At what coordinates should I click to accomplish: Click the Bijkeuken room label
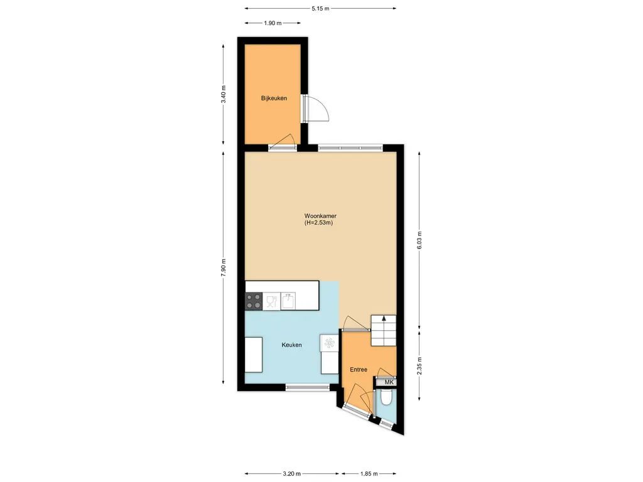coord(274,99)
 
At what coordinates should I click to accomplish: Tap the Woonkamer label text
coord(320,216)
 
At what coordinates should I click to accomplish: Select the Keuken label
coord(291,345)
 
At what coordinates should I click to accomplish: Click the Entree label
coord(359,370)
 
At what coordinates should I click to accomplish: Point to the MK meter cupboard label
coord(389,382)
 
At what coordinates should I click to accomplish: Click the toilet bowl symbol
coord(386,397)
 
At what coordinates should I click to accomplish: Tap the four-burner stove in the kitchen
coord(254,301)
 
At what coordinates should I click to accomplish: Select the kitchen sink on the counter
coord(288,301)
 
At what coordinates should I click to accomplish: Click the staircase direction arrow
coord(384,318)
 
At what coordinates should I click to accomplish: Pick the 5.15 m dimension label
coord(320,8)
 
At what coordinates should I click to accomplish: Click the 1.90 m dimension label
coord(273,23)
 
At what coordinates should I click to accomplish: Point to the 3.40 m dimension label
coord(224,95)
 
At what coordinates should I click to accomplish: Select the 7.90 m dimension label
coord(224,268)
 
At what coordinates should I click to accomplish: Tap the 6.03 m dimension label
coord(419,240)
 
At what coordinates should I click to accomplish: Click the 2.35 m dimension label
coord(419,366)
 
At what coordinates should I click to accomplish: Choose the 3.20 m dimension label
coord(291,474)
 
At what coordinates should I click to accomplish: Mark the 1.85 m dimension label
coord(369,474)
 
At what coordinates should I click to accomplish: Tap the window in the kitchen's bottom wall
coord(307,387)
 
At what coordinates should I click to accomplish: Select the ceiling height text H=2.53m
coord(318,223)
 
